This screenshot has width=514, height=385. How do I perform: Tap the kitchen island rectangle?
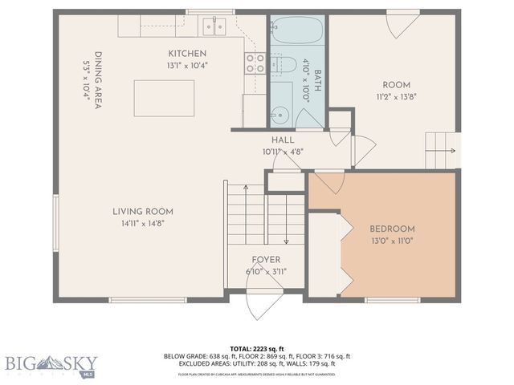tap(164, 98)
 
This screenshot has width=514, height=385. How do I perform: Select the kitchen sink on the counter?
tap(214, 26)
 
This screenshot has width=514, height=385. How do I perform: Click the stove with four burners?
tap(255, 63)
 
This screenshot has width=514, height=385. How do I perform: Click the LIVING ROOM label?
tap(142, 212)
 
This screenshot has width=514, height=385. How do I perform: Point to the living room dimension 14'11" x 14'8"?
tap(142, 225)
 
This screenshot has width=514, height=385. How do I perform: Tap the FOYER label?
tap(265, 259)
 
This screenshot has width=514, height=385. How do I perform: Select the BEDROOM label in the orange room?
tap(392, 228)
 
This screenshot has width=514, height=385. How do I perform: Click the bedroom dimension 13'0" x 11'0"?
tap(392, 241)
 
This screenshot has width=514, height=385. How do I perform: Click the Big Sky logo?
tap(48, 364)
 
